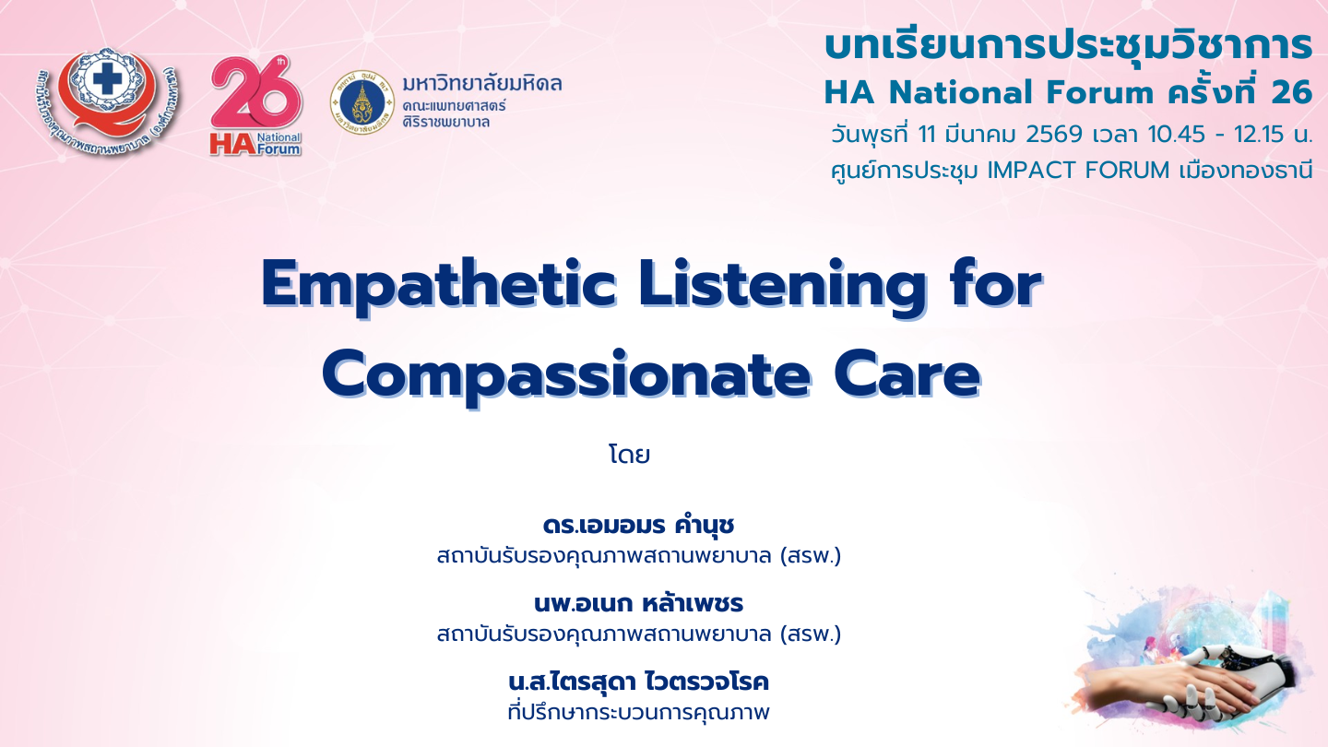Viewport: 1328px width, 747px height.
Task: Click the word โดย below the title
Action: pyautogui.click(x=630, y=455)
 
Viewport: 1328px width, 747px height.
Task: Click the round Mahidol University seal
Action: pyautogui.click(x=362, y=102)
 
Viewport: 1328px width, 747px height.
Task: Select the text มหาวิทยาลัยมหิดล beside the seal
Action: pyautogui.click(x=482, y=84)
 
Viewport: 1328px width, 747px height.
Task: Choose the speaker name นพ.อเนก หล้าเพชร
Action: pyautogui.click(x=638, y=603)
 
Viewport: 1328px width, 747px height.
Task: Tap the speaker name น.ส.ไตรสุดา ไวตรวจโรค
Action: pyautogui.click(x=638, y=682)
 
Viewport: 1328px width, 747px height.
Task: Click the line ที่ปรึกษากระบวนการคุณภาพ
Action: pyautogui.click(x=638, y=712)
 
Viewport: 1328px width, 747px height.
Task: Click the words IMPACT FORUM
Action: pyautogui.click(x=1078, y=171)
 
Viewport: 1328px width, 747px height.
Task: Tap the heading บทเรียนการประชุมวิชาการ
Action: pyautogui.click(x=1068, y=46)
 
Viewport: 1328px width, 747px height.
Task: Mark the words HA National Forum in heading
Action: pyautogui.click(x=988, y=93)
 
